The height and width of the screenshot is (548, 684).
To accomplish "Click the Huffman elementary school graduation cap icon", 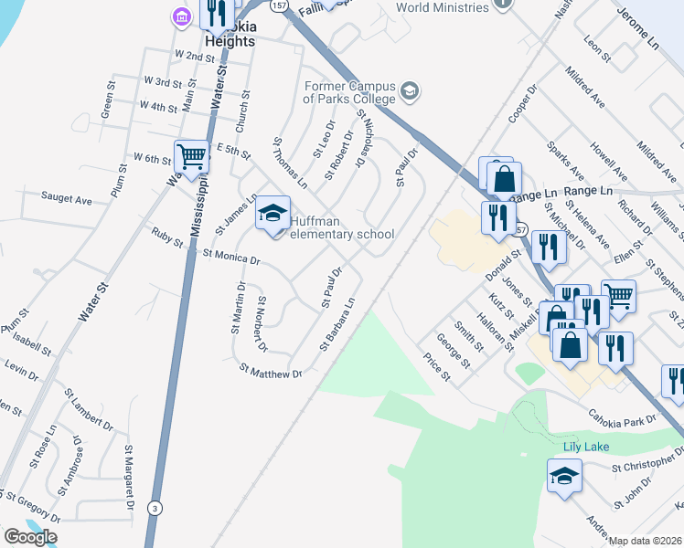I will [x=273, y=213].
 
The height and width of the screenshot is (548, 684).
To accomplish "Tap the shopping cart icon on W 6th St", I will [x=192, y=156].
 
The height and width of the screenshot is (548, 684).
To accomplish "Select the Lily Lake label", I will [x=585, y=446].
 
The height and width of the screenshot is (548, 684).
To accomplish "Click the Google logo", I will [x=30, y=536].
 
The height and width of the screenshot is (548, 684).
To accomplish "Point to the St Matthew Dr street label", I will [x=271, y=372].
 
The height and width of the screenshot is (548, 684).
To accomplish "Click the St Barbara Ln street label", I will [x=337, y=322].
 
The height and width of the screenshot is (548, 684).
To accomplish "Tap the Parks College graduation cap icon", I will [x=409, y=90].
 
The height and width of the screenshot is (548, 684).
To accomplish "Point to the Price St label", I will [x=436, y=368].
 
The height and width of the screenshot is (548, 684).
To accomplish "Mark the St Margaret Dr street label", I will [x=129, y=478].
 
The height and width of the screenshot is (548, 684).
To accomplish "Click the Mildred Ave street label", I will [x=585, y=87].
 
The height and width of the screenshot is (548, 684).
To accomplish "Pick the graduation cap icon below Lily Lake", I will [x=564, y=475].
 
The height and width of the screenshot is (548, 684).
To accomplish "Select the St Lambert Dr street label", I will [x=89, y=409].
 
